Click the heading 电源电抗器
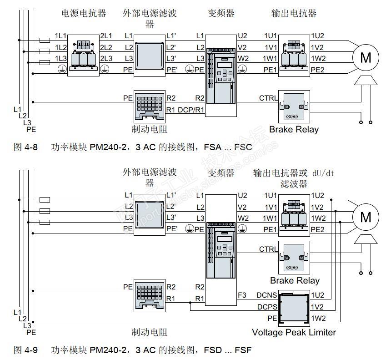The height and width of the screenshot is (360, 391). point(84,13)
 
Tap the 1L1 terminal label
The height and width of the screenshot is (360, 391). point(60,36)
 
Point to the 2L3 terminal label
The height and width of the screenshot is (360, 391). point(106,58)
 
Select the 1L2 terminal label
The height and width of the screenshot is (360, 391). point(60,47)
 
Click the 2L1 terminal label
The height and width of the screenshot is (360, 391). point(106,36)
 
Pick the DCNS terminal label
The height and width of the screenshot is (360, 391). point(267,296)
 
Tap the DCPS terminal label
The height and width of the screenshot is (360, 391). point(267,307)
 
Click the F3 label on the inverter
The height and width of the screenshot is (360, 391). point(242,296)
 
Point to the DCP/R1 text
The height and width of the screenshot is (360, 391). point(191,110)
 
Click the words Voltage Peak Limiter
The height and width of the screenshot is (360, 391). point(294,332)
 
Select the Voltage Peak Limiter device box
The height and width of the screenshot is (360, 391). point(294,308)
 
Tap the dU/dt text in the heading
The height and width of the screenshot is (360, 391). point(323,173)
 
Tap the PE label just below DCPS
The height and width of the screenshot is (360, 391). point(272,318)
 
